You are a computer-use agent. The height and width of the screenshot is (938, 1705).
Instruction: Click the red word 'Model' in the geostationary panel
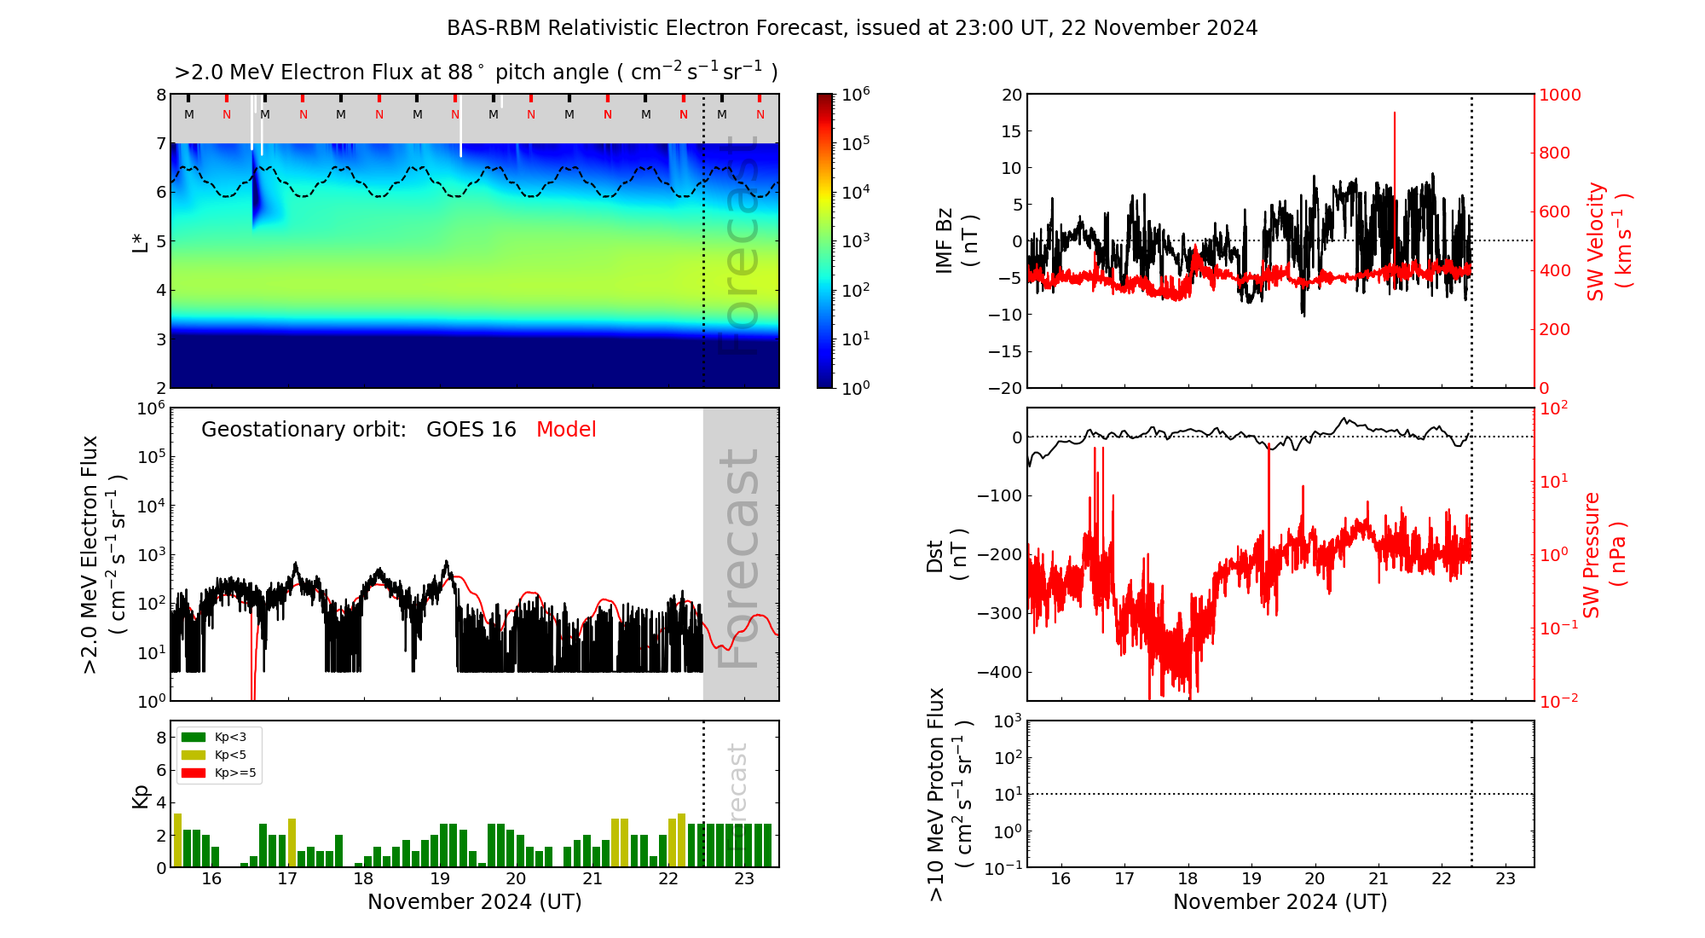click(x=566, y=430)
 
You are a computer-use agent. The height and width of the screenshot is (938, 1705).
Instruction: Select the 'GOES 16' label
click(x=471, y=430)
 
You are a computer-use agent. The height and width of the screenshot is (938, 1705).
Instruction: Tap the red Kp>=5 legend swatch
click(x=194, y=773)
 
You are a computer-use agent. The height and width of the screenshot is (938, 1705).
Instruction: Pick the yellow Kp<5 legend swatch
click(x=194, y=755)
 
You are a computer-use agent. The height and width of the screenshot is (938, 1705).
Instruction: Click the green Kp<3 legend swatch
click(x=194, y=737)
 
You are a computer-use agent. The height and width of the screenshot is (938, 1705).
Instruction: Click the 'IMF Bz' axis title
click(x=945, y=240)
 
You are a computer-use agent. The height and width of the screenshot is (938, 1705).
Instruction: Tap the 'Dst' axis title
click(x=935, y=556)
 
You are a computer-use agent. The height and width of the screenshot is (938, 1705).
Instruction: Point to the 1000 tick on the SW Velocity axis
click(x=1559, y=95)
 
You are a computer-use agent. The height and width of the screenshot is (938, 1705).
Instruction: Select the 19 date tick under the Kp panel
click(x=440, y=879)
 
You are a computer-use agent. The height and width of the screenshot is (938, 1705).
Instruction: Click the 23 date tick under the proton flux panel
click(x=1506, y=879)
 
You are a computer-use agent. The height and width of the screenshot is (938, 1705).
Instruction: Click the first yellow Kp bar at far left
click(x=177, y=840)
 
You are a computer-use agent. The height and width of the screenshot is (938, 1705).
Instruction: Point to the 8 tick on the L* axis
click(x=161, y=95)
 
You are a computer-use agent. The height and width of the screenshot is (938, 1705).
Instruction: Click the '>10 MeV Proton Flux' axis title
click(x=936, y=794)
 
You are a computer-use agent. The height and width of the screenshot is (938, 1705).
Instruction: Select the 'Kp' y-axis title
click(x=141, y=796)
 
